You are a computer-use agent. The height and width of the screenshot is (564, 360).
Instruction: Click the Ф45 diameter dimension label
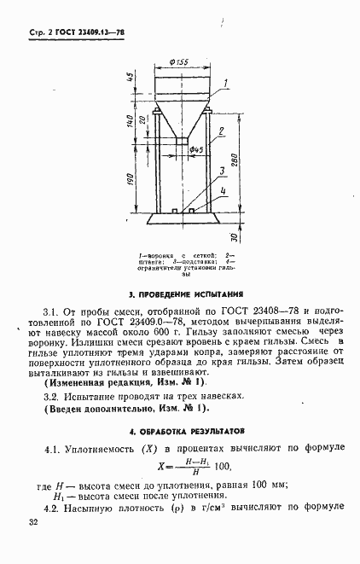pos(196,150)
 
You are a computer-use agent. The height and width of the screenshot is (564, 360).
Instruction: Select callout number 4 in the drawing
pos(224,192)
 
